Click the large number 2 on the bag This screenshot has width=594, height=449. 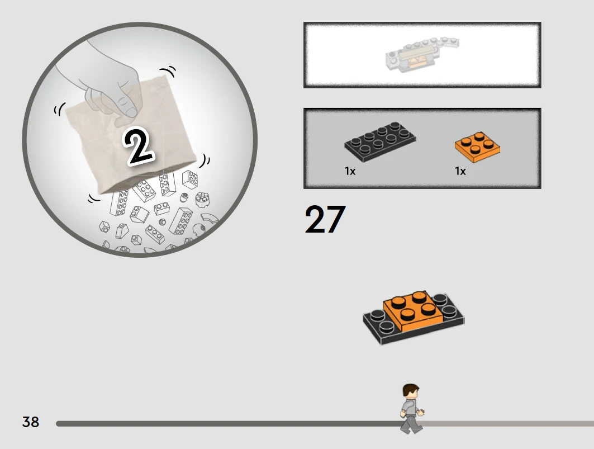(x=139, y=148)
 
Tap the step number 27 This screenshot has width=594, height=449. (x=325, y=219)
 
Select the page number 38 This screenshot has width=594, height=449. (x=31, y=422)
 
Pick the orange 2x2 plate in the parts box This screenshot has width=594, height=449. (x=477, y=146)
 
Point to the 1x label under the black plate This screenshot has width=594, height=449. (x=350, y=171)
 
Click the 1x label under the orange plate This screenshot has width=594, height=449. (x=460, y=171)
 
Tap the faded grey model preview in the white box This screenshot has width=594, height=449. (x=422, y=55)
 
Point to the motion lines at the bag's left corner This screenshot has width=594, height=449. (x=59, y=109)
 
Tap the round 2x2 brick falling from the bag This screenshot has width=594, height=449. (x=202, y=199)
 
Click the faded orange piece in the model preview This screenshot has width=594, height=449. (x=418, y=63)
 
